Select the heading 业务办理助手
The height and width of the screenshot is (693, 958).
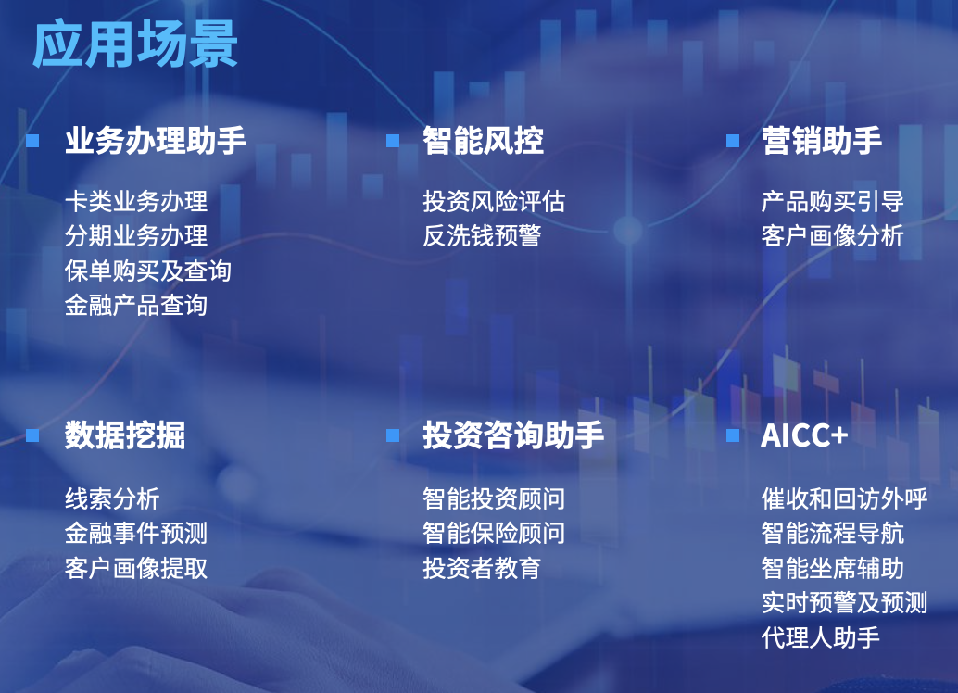tap(155, 141)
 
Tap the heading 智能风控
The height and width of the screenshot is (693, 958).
tap(483, 141)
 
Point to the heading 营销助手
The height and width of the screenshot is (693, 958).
tap(821, 141)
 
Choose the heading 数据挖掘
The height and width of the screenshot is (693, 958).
tap(125, 435)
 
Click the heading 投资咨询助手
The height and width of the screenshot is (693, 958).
tap(512, 435)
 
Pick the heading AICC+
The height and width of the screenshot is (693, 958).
tap(804, 435)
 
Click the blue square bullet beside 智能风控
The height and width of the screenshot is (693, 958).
tap(393, 141)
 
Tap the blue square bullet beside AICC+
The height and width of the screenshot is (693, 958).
tap(733, 435)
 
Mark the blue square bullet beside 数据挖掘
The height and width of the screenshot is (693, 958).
tap(33, 435)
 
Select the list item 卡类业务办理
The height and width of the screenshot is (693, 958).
tap(136, 201)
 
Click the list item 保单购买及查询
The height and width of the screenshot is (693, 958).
tap(148, 271)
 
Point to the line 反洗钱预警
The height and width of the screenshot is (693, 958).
tap(482, 235)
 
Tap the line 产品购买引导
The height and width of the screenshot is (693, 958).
tap(832, 201)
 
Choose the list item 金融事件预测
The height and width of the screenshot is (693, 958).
tap(136, 533)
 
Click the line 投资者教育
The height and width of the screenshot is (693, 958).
tap(482, 567)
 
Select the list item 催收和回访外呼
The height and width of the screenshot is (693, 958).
tap(844, 498)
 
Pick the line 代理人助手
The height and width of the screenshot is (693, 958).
tap(820, 637)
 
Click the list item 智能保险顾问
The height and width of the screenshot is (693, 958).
tap(494, 533)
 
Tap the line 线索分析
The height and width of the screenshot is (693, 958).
tap(112, 498)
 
